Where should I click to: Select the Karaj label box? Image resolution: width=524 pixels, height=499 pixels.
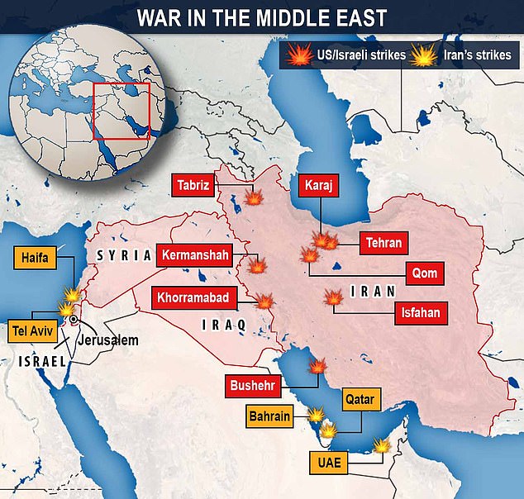pos(318,186)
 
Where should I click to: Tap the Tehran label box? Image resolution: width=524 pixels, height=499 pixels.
pos(384,243)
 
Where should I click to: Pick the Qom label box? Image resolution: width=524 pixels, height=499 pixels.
pos(426,273)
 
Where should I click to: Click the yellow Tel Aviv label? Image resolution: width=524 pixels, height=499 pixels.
pos(31,329)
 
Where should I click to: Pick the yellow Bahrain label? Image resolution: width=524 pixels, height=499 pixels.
pos(271,416)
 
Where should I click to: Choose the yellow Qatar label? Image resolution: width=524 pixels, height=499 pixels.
pos(360,401)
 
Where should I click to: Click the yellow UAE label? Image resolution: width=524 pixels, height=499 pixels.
pos(327,461)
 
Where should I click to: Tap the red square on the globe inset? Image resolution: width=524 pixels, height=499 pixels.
pos(121,111)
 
